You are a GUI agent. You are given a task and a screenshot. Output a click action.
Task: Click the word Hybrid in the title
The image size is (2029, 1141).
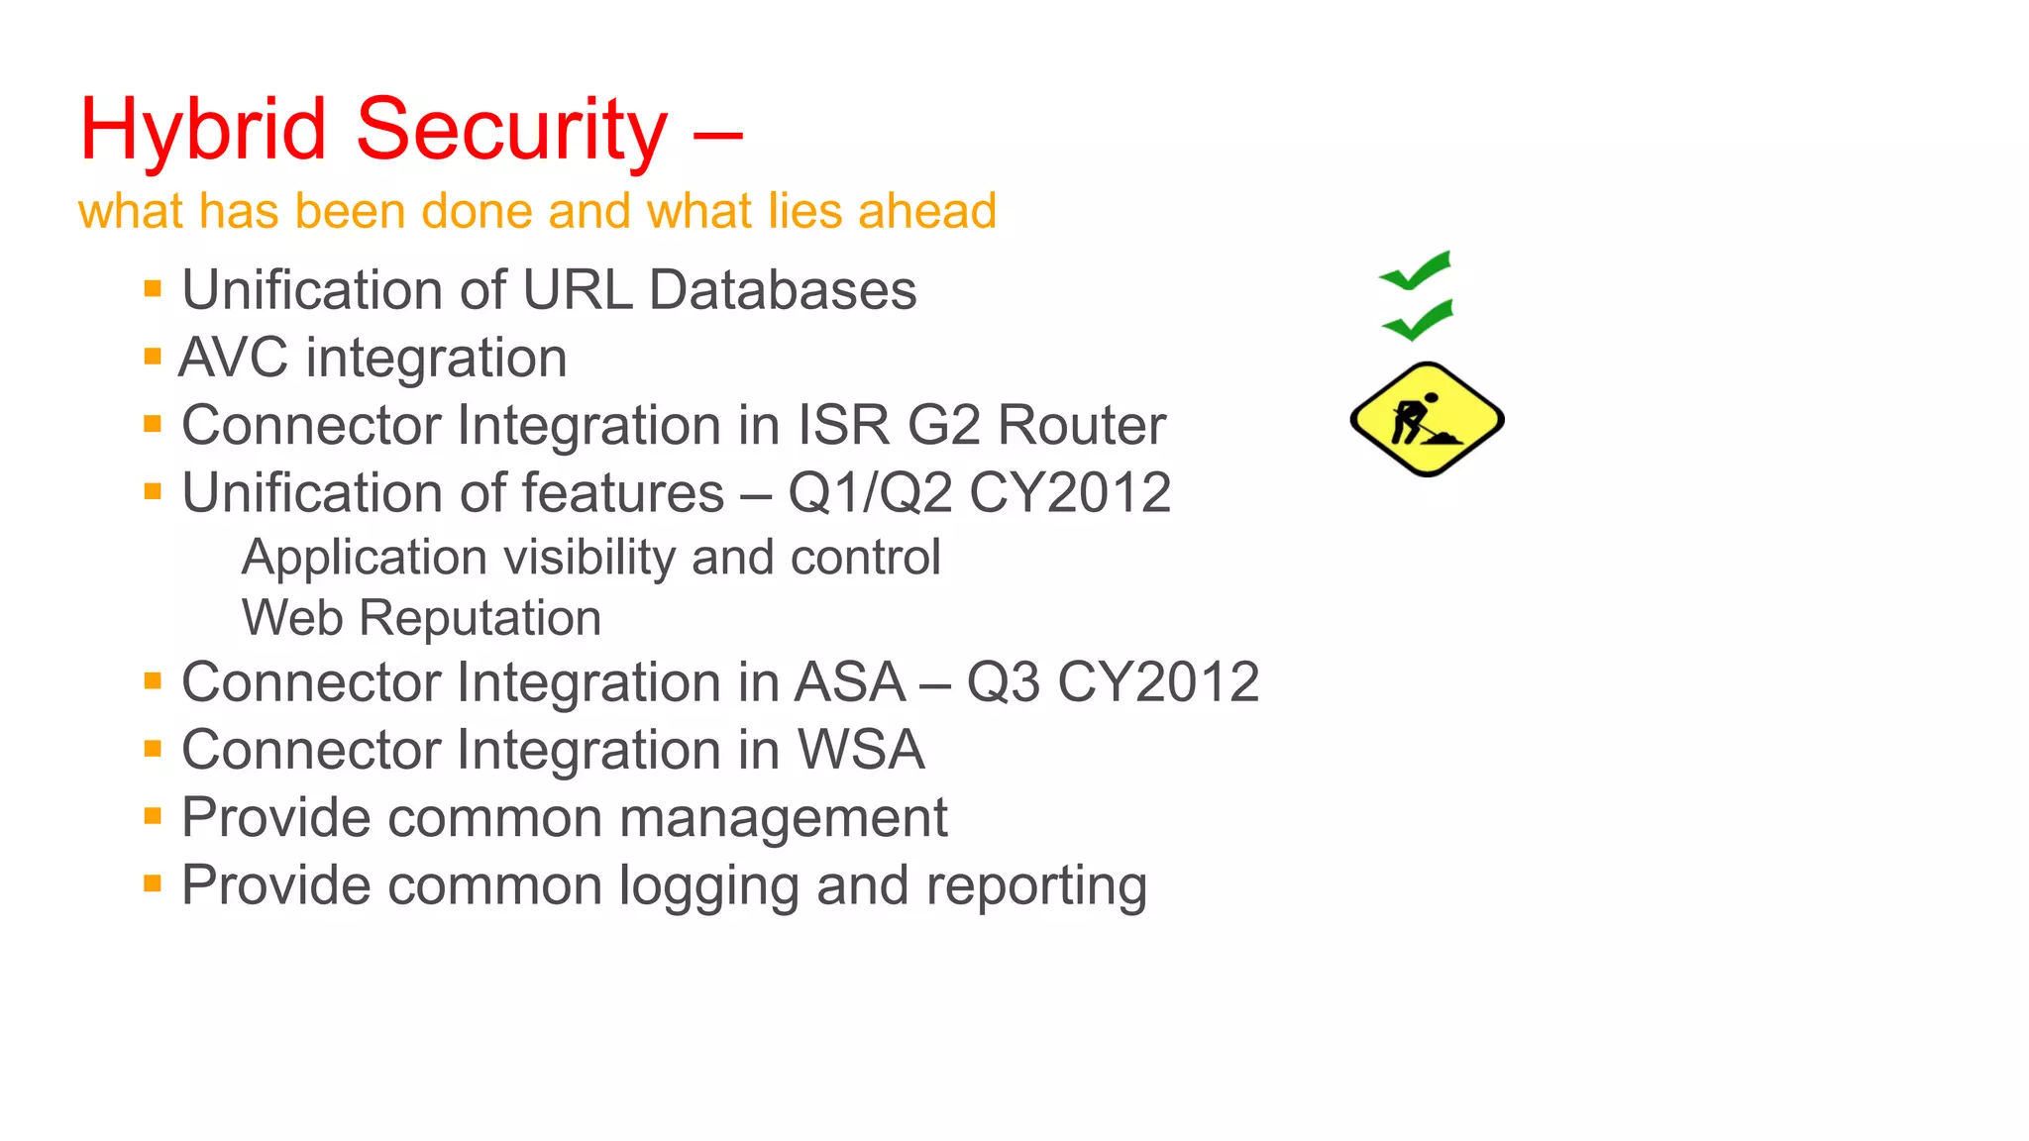[203, 129]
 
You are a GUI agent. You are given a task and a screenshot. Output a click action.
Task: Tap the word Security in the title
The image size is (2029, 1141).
[511, 129]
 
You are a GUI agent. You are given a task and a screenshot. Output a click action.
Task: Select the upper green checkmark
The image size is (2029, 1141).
[1415, 271]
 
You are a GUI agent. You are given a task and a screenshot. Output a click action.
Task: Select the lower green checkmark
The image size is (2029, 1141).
[1418, 320]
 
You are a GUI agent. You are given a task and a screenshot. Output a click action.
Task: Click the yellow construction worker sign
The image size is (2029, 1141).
[1427, 419]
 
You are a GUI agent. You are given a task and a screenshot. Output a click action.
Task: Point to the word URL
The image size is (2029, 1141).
[578, 290]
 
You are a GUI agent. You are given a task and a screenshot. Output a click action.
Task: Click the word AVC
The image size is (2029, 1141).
[233, 358]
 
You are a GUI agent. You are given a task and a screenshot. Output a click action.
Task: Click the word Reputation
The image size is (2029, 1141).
[480, 618]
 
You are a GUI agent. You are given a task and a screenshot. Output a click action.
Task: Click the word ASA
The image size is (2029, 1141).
[850, 682]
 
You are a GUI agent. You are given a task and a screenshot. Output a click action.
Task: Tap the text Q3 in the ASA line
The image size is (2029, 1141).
[1003, 682]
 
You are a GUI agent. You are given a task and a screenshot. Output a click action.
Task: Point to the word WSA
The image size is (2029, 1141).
[861, 750]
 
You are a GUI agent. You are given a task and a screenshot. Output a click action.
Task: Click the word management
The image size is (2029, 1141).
[783, 818]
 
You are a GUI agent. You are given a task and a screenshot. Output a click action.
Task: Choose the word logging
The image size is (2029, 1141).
[708, 885]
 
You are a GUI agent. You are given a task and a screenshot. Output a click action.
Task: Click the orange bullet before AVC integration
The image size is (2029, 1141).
[153, 357]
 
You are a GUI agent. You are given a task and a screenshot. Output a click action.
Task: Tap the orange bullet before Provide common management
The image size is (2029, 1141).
[153, 816]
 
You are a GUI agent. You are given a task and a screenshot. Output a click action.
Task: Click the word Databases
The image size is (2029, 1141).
[783, 290]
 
